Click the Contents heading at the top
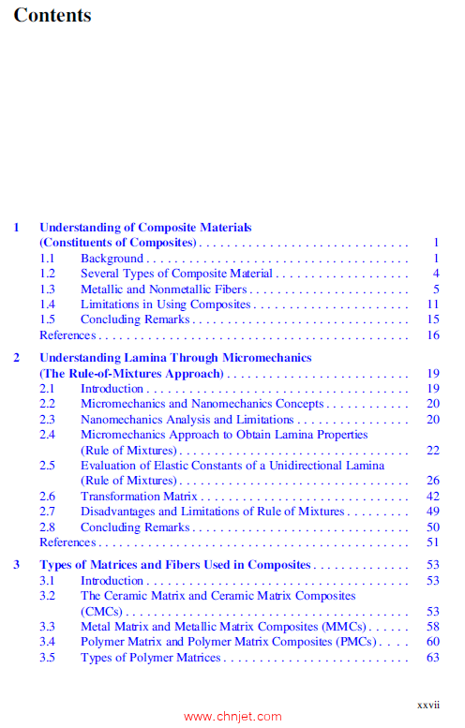pos(52,16)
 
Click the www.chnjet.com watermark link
pos(232,717)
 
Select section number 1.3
pos(48,289)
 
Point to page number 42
pos(432,497)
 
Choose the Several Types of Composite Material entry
pos(176,274)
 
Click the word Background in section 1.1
pos(112,259)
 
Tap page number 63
pos(432,658)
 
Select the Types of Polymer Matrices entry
pos(150,658)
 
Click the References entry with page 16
pos(67,334)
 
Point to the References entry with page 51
pos(67,542)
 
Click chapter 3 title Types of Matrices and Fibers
pos(174,565)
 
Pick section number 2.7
pos(48,512)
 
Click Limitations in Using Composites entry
pos(165,305)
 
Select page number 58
pos(432,627)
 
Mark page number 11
pos(432,305)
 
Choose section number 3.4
pos(48,642)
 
